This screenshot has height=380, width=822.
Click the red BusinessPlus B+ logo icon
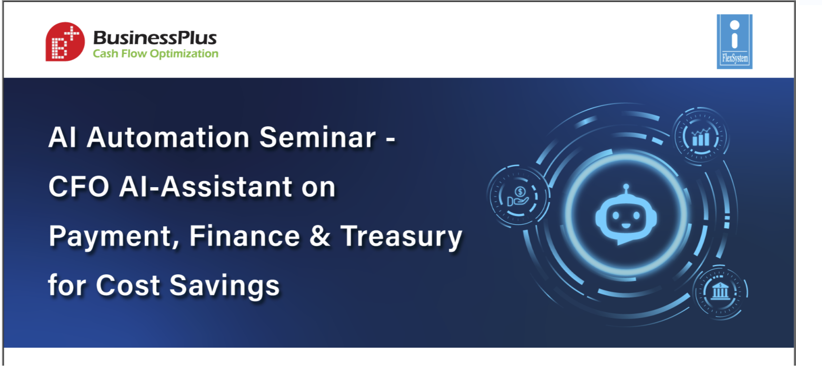[x=65, y=42]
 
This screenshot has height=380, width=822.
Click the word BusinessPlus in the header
[x=155, y=38]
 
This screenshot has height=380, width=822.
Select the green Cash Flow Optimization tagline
[x=155, y=54]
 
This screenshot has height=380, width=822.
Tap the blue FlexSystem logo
[x=734, y=42]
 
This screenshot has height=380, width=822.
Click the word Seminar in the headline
[x=318, y=137]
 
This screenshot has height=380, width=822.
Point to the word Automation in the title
[x=168, y=137]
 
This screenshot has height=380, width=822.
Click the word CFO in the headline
[x=79, y=187]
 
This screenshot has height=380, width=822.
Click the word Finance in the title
[x=245, y=236]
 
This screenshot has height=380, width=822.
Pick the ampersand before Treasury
[x=319, y=236]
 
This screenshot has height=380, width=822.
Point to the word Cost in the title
[x=128, y=285]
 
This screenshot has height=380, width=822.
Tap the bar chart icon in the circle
[x=700, y=137]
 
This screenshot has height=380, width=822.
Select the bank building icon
[x=720, y=291]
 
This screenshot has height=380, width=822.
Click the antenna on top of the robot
[x=626, y=189]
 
